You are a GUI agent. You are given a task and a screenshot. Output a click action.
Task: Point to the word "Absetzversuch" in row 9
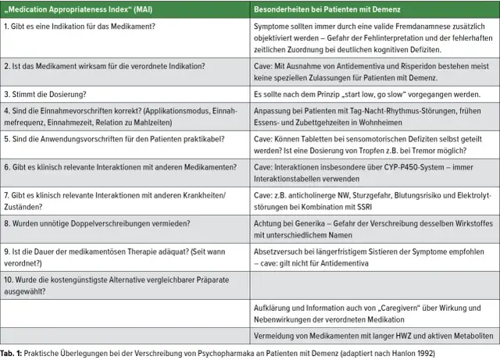tap(280, 254)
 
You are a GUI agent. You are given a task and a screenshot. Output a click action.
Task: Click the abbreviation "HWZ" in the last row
tap(394, 337)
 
